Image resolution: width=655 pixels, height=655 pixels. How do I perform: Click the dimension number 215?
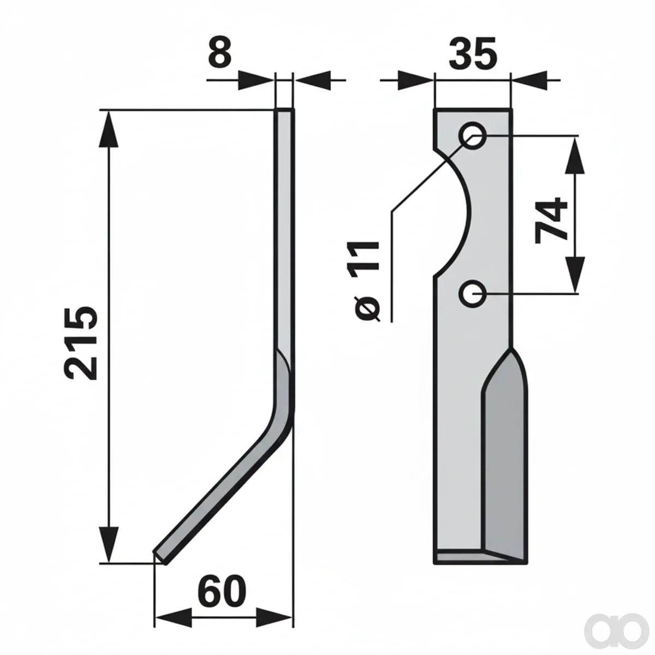pyautogui.click(x=81, y=343)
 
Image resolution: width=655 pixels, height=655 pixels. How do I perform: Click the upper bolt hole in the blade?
pyautogui.click(x=473, y=135)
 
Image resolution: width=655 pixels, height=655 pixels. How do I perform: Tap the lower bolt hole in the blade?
pyautogui.click(x=473, y=294)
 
